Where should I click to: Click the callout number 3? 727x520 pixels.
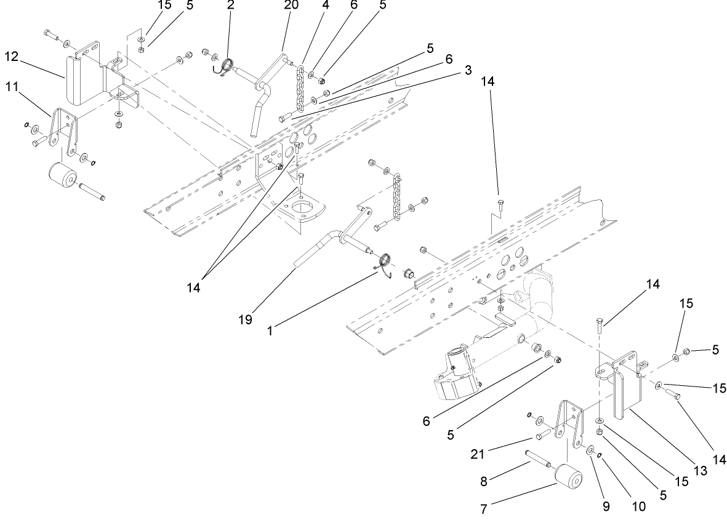(468, 71)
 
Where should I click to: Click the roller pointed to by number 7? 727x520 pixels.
(569, 481)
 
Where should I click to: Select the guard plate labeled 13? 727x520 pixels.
(627, 394)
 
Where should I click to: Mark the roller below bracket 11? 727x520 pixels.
(63, 177)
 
